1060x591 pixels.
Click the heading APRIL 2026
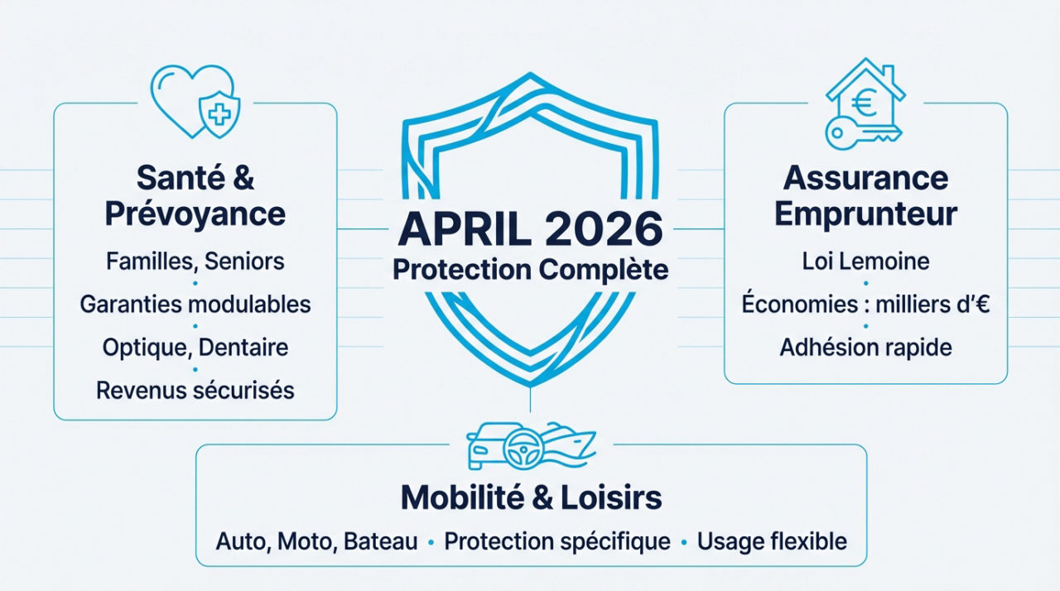click(x=530, y=230)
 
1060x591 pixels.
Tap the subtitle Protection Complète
click(x=530, y=270)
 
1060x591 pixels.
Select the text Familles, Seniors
click(x=195, y=262)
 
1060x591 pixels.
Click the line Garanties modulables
click(x=195, y=305)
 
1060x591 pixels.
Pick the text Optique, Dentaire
click(x=195, y=347)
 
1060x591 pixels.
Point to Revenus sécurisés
click(x=195, y=390)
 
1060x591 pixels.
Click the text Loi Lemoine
click(x=865, y=262)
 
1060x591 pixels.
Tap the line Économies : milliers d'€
click(x=865, y=305)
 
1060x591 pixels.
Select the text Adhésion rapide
click(x=865, y=347)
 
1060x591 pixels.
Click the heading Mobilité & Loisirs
click(x=531, y=497)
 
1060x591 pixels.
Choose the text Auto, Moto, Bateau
click(x=317, y=542)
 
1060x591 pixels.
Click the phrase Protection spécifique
click(x=557, y=542)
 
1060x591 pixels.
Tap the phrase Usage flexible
click(x=772, y=542)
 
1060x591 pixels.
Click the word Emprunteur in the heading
click(x=865, y=214)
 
